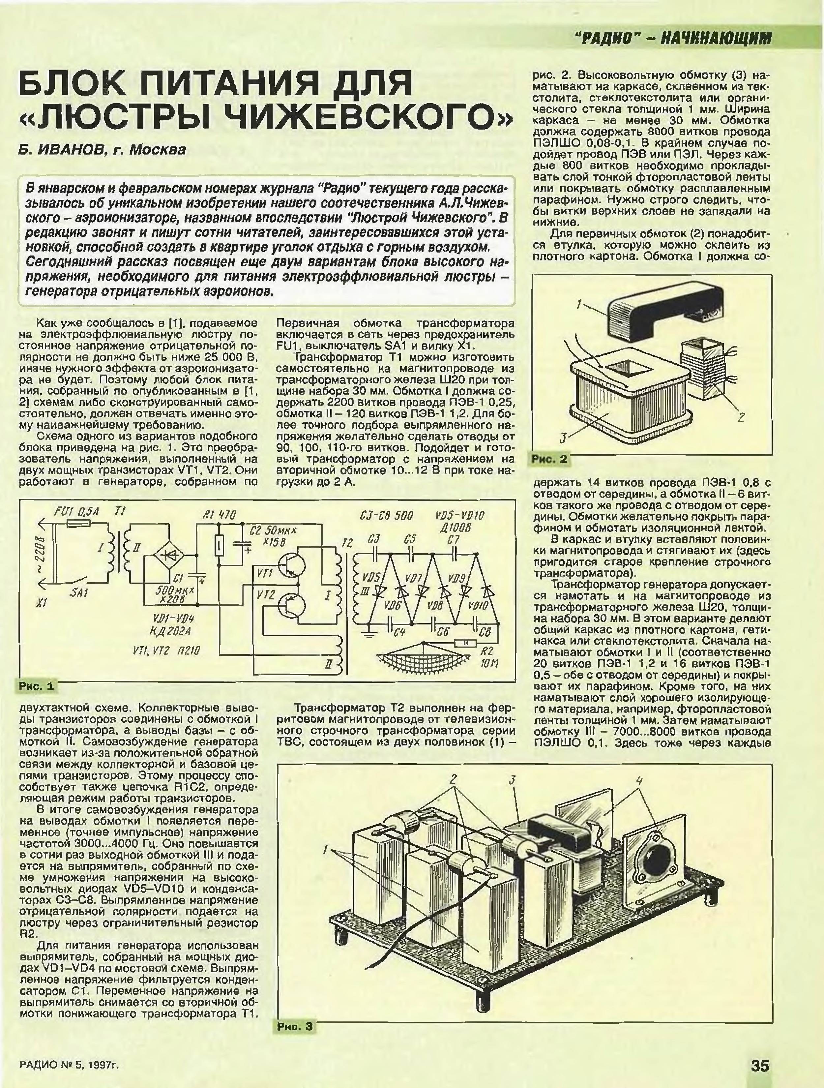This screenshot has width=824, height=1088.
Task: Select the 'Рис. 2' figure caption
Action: click(549, 459)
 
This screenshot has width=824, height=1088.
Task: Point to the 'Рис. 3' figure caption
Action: click(294, 1027)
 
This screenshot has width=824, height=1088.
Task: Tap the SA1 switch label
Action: click(79, 593)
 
